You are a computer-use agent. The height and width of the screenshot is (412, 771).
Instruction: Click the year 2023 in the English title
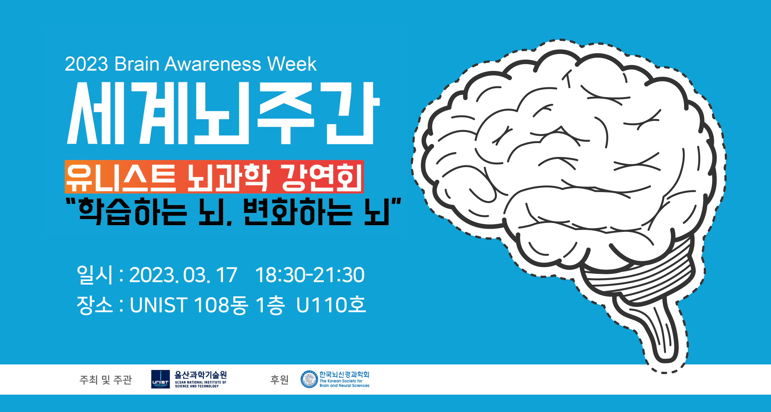[86, 64]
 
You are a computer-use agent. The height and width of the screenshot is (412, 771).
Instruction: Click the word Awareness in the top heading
[213, 64]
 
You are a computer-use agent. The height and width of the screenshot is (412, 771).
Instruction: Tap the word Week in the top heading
[292, 64]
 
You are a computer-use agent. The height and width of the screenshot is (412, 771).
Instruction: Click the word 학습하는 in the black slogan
[133, 212]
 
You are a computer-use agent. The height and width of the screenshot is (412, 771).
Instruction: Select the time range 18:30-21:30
[310, 275]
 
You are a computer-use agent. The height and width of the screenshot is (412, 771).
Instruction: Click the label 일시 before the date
[94, 275]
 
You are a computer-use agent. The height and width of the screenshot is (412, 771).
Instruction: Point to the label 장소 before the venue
[94, 305]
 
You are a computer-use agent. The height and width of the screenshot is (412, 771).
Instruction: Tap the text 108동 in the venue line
[221, 305]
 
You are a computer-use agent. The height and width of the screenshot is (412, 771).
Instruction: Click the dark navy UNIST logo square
[160, 379]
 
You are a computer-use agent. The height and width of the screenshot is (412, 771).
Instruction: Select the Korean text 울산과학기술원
[200, 375]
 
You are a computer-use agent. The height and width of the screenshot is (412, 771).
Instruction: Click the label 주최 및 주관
[105, 380]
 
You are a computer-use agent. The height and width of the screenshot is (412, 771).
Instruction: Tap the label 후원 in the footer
[279, 380]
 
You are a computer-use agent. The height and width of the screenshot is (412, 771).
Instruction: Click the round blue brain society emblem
[309, 379]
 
